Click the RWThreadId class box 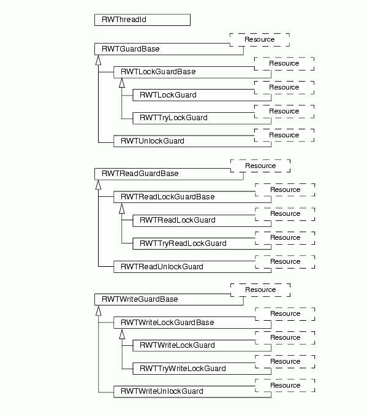(x=143, y=20)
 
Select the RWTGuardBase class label (x=131, y=49)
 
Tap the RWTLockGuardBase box (x=192, y=72)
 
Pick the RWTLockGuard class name (x=168, y=95)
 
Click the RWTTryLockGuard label (x=173, y=118)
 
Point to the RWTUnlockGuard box (x=192, y=141)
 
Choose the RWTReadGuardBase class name (x=140, y=174)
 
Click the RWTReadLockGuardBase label (x=167, y=197)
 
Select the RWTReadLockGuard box (x=202, y=221)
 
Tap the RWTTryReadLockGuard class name (x=183, y=243)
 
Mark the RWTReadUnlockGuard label (x=162, y=267)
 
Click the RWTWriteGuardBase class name (x=140, y=299)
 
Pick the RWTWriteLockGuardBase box (x=192, y=323)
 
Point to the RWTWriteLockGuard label (x=177, y=345)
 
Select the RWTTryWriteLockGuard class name (x=183, y=369)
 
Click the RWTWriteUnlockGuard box (x=192, y=391)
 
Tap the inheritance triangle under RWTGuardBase (x=99, y=60)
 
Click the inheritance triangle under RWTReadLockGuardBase (x=122, y=209)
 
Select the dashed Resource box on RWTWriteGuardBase (x=260, y=290)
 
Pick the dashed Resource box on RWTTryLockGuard (x=284, y=112)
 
